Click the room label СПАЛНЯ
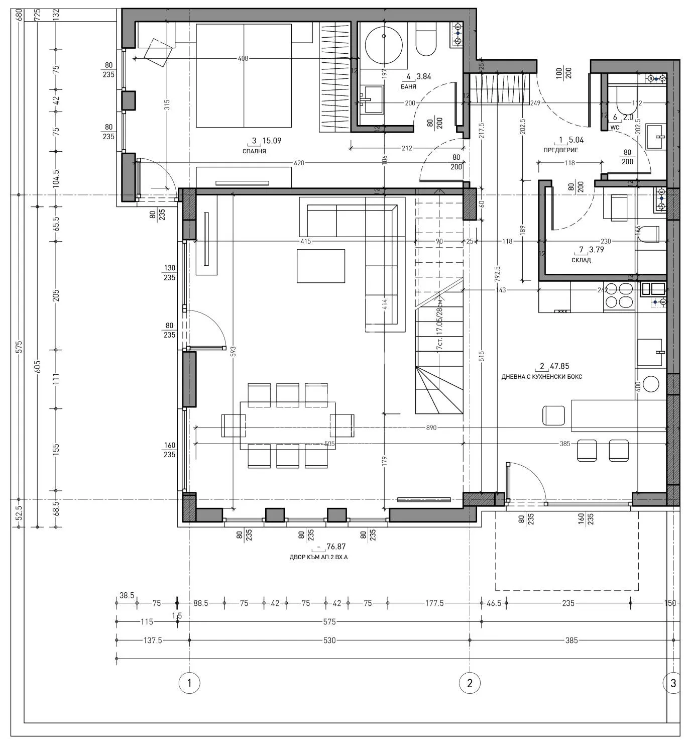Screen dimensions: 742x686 click(x=254, y=151)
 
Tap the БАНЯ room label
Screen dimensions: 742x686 click(x=408, y=87)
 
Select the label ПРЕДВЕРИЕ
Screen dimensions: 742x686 click(x=560, y=150)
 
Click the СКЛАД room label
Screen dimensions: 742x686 click(x=581, y=260)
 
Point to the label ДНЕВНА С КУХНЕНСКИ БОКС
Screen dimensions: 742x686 click(x=541, y=377)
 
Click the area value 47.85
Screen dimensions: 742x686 click(x=559, y=367)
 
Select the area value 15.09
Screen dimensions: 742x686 click(x=272, y=141)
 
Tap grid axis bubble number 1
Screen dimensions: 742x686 click(x=189, y=683)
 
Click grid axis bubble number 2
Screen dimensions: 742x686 click(x=470, y=683)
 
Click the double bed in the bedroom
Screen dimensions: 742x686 click(x=244, y=75)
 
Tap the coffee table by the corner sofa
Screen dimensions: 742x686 click(x=320, y=266)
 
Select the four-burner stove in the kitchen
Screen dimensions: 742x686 click(x=619, y=295)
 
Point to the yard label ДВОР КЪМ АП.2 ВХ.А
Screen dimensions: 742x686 click(x=318, y=557)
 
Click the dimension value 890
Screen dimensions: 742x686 click(x=431, y=428)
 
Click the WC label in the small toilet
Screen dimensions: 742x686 click(x=615, y=128)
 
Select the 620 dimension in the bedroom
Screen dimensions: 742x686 click(x=300, y=163)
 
